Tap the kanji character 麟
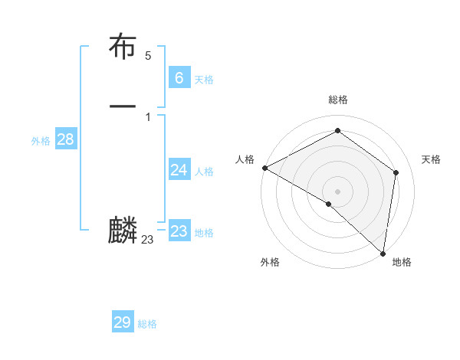(123, 231)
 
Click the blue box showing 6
(179, 77)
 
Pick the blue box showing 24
(179, 169)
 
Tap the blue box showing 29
(123, 322)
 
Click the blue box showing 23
(179, 231)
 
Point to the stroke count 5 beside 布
(148, 56)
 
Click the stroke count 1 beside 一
(148, 116)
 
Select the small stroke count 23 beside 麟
(147, 240)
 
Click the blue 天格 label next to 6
(204, 80)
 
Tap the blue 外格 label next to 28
(41, 141)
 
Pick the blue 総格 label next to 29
(147, 325)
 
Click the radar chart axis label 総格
(338, 100)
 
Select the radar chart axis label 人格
(245, 159)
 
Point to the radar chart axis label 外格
(270, 262)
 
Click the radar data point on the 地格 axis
(383, 253)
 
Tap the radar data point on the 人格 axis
(264, 168)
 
